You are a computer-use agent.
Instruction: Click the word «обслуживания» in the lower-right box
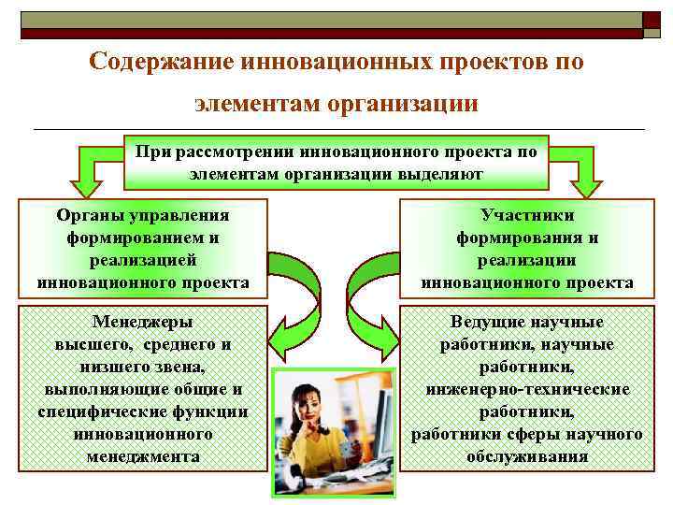pos(527,456)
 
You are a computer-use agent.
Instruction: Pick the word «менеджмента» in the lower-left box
pos(142,456)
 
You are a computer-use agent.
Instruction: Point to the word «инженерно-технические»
pos(527,389)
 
